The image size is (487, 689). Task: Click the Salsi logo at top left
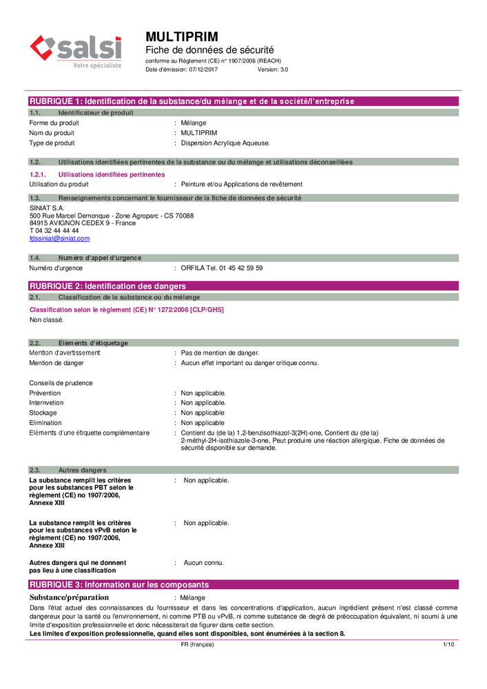point(76,51)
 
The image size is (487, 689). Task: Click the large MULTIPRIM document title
point(182,36)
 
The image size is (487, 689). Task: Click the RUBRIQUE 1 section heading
point(191,101)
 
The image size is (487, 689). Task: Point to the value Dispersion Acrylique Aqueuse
point(225,143)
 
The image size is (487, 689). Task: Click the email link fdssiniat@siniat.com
point(59,238)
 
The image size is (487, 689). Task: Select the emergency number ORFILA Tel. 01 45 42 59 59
point(221,268)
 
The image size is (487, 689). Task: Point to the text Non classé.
point(46,320)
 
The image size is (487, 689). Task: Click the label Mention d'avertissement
point(64,353)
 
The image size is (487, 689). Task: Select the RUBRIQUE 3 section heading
point(118,584)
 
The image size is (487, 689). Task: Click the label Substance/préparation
point(69,597)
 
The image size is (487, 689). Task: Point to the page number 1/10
point(448,644)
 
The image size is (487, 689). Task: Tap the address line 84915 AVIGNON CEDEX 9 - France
point(83,223)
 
